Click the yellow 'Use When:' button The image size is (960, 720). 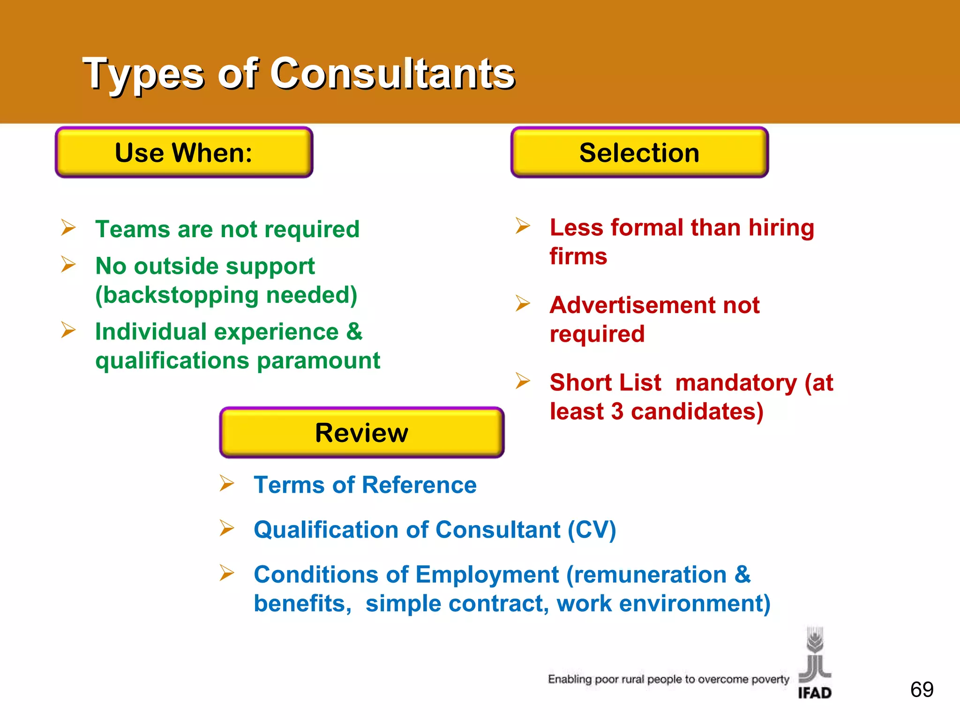coord(184,153)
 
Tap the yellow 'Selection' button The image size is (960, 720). coord(639,153)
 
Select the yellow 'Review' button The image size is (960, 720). coord(361,432)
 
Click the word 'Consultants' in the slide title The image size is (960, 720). coord(392,74)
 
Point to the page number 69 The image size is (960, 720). coord(922,690)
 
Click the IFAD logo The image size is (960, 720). coord(815,663)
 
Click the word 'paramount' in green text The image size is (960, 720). coord(318,361)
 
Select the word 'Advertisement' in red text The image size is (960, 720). coord(629,306)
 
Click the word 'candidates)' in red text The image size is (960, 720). coord(697,412)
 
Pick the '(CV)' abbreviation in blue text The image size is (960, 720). coord(592,530)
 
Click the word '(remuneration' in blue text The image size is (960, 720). coord(646,575)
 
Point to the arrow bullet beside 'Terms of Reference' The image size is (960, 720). coord(227,483)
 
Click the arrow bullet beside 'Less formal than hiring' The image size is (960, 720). coord(523,226)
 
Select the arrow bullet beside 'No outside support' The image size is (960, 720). coord(68,265)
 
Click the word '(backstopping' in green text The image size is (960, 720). coord(177,295)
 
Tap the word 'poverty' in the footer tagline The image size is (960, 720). coord(770,679)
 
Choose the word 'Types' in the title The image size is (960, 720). coord(143,74)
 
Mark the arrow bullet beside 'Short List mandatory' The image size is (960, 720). coord(523,381)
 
